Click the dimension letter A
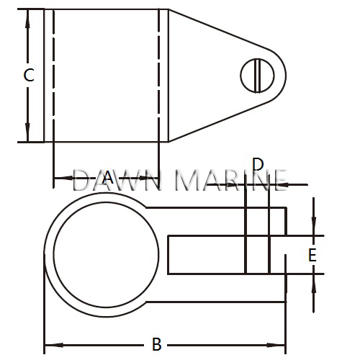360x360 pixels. (x=107, y=177)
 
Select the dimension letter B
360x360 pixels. (x=157, y=344)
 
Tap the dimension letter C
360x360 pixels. (x=27, y=75)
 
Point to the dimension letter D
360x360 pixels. (x=258, y=165)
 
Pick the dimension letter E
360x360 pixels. (x=312, y=255)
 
